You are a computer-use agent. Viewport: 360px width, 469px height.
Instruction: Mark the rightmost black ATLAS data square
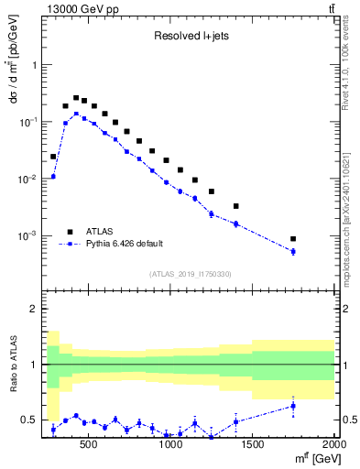pyautogui.click(x=293, y=239)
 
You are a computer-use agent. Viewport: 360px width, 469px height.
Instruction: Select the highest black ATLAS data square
pyautogui.click(x=76, y=97)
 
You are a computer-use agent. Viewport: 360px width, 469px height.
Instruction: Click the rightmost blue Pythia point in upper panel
pyautogui.click(x=293, y=251)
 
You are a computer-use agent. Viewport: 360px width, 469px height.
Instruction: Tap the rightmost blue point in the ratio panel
pyautogui.click(x=293, y=406)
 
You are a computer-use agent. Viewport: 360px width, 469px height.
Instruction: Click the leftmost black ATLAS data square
pyautogui.click(x=53, y=157)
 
